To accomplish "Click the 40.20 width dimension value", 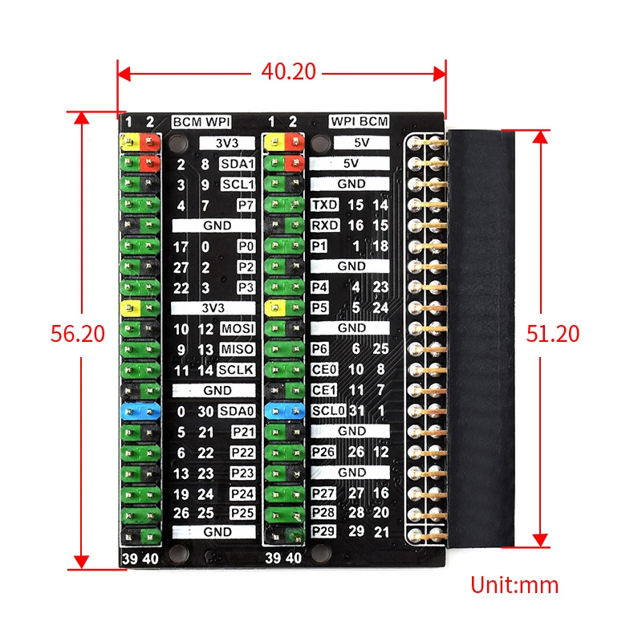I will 288,71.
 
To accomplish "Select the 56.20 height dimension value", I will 78,333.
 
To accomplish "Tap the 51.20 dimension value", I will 553,333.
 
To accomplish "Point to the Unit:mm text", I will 514,584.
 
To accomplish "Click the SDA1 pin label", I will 237,165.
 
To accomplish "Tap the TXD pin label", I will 323,205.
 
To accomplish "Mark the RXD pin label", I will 323,226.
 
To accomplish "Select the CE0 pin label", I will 323,370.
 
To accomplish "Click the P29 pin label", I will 323,532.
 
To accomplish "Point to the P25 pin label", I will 242,512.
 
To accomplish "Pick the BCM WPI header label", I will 201,122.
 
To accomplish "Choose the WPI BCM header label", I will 359,122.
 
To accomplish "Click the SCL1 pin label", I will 237,185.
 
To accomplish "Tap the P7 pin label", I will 246,205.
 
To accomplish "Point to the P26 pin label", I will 323,452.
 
